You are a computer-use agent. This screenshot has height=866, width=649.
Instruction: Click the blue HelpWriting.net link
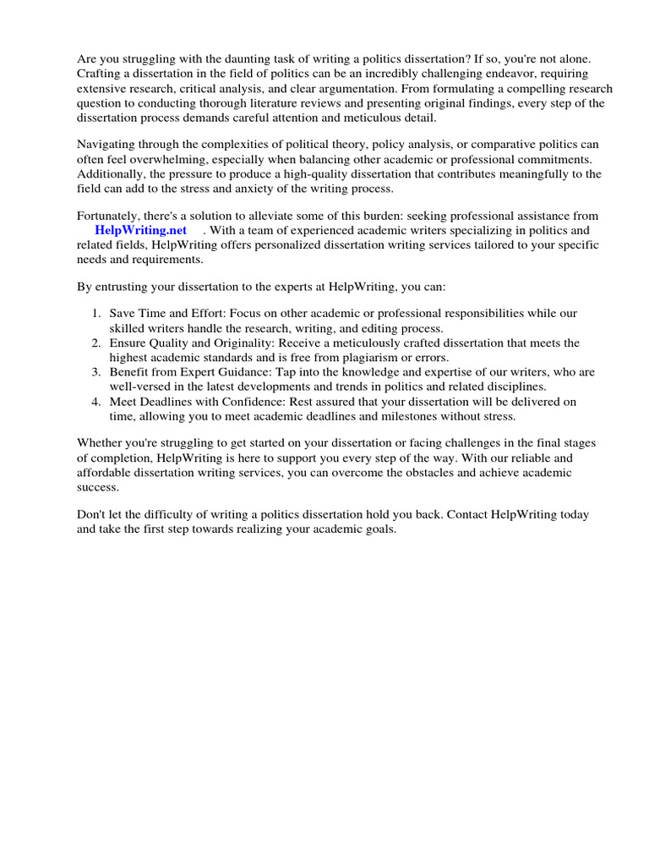click(x=140, y=230)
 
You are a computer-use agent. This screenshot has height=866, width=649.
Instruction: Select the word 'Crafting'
click(x=101, y=74)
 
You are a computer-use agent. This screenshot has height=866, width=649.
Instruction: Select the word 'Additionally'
click(x=112, y=173)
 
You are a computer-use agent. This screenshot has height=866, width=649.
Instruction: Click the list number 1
click(x=96, y=314)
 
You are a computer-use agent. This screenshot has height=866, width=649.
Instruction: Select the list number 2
click(x=96, y=343)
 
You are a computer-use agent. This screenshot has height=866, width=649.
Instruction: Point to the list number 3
click(x=96, y=371)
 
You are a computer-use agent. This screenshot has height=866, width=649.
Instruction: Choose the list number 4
click(x=96, y=401)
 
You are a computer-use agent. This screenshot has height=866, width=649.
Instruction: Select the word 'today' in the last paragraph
click(x=572, y=514)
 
